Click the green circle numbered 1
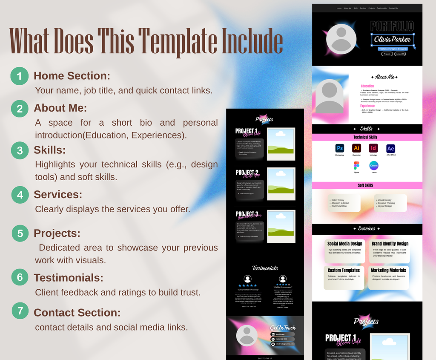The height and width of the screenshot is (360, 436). pyautogui.click(x=20, y=76)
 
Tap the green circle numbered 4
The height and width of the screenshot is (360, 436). pyautogui.click(x=20, y=195)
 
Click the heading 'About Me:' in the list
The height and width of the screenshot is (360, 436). pyautogui.click(x=60, y=108)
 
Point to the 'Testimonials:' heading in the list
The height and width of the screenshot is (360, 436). pyautogui.click(x=68, y=278)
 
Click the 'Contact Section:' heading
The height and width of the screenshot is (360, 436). pyautogui.click(x=77, y=313)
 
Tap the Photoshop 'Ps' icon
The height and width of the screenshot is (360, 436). pyautogui.click(x=339, y=148)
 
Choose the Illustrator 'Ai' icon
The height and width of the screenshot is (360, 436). pyautogui.click(x=356, y=148)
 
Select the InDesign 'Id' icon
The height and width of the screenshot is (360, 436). pyautogui.click(x=373, y=148)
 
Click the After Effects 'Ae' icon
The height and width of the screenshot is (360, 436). pyautogui.click(x=390, y=148)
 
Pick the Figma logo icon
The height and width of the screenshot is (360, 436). pyautogui.click(x=356, y=165)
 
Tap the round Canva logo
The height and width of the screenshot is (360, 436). pyautogui.click(x=373, y=165)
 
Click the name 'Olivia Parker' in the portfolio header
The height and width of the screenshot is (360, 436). pyautogui.click(x=392, y=40)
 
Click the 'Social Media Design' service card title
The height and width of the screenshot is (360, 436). pyautogui.click(x=344, y=244)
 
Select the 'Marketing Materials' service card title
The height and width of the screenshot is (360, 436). pyautogui.click(x=388, y=270)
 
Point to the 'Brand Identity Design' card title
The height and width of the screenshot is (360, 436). pyautogui.click(x=390, y=244)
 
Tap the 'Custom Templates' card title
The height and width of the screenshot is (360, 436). pyautogui.click(x=344, y=270)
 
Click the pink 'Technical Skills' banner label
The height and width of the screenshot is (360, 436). pyautogui.click(x=365, y=137)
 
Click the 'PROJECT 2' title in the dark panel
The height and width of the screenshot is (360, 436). pyautogui.click(x=247, y=173)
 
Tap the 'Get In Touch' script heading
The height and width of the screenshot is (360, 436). pyautogui.click(x=283, y=328)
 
